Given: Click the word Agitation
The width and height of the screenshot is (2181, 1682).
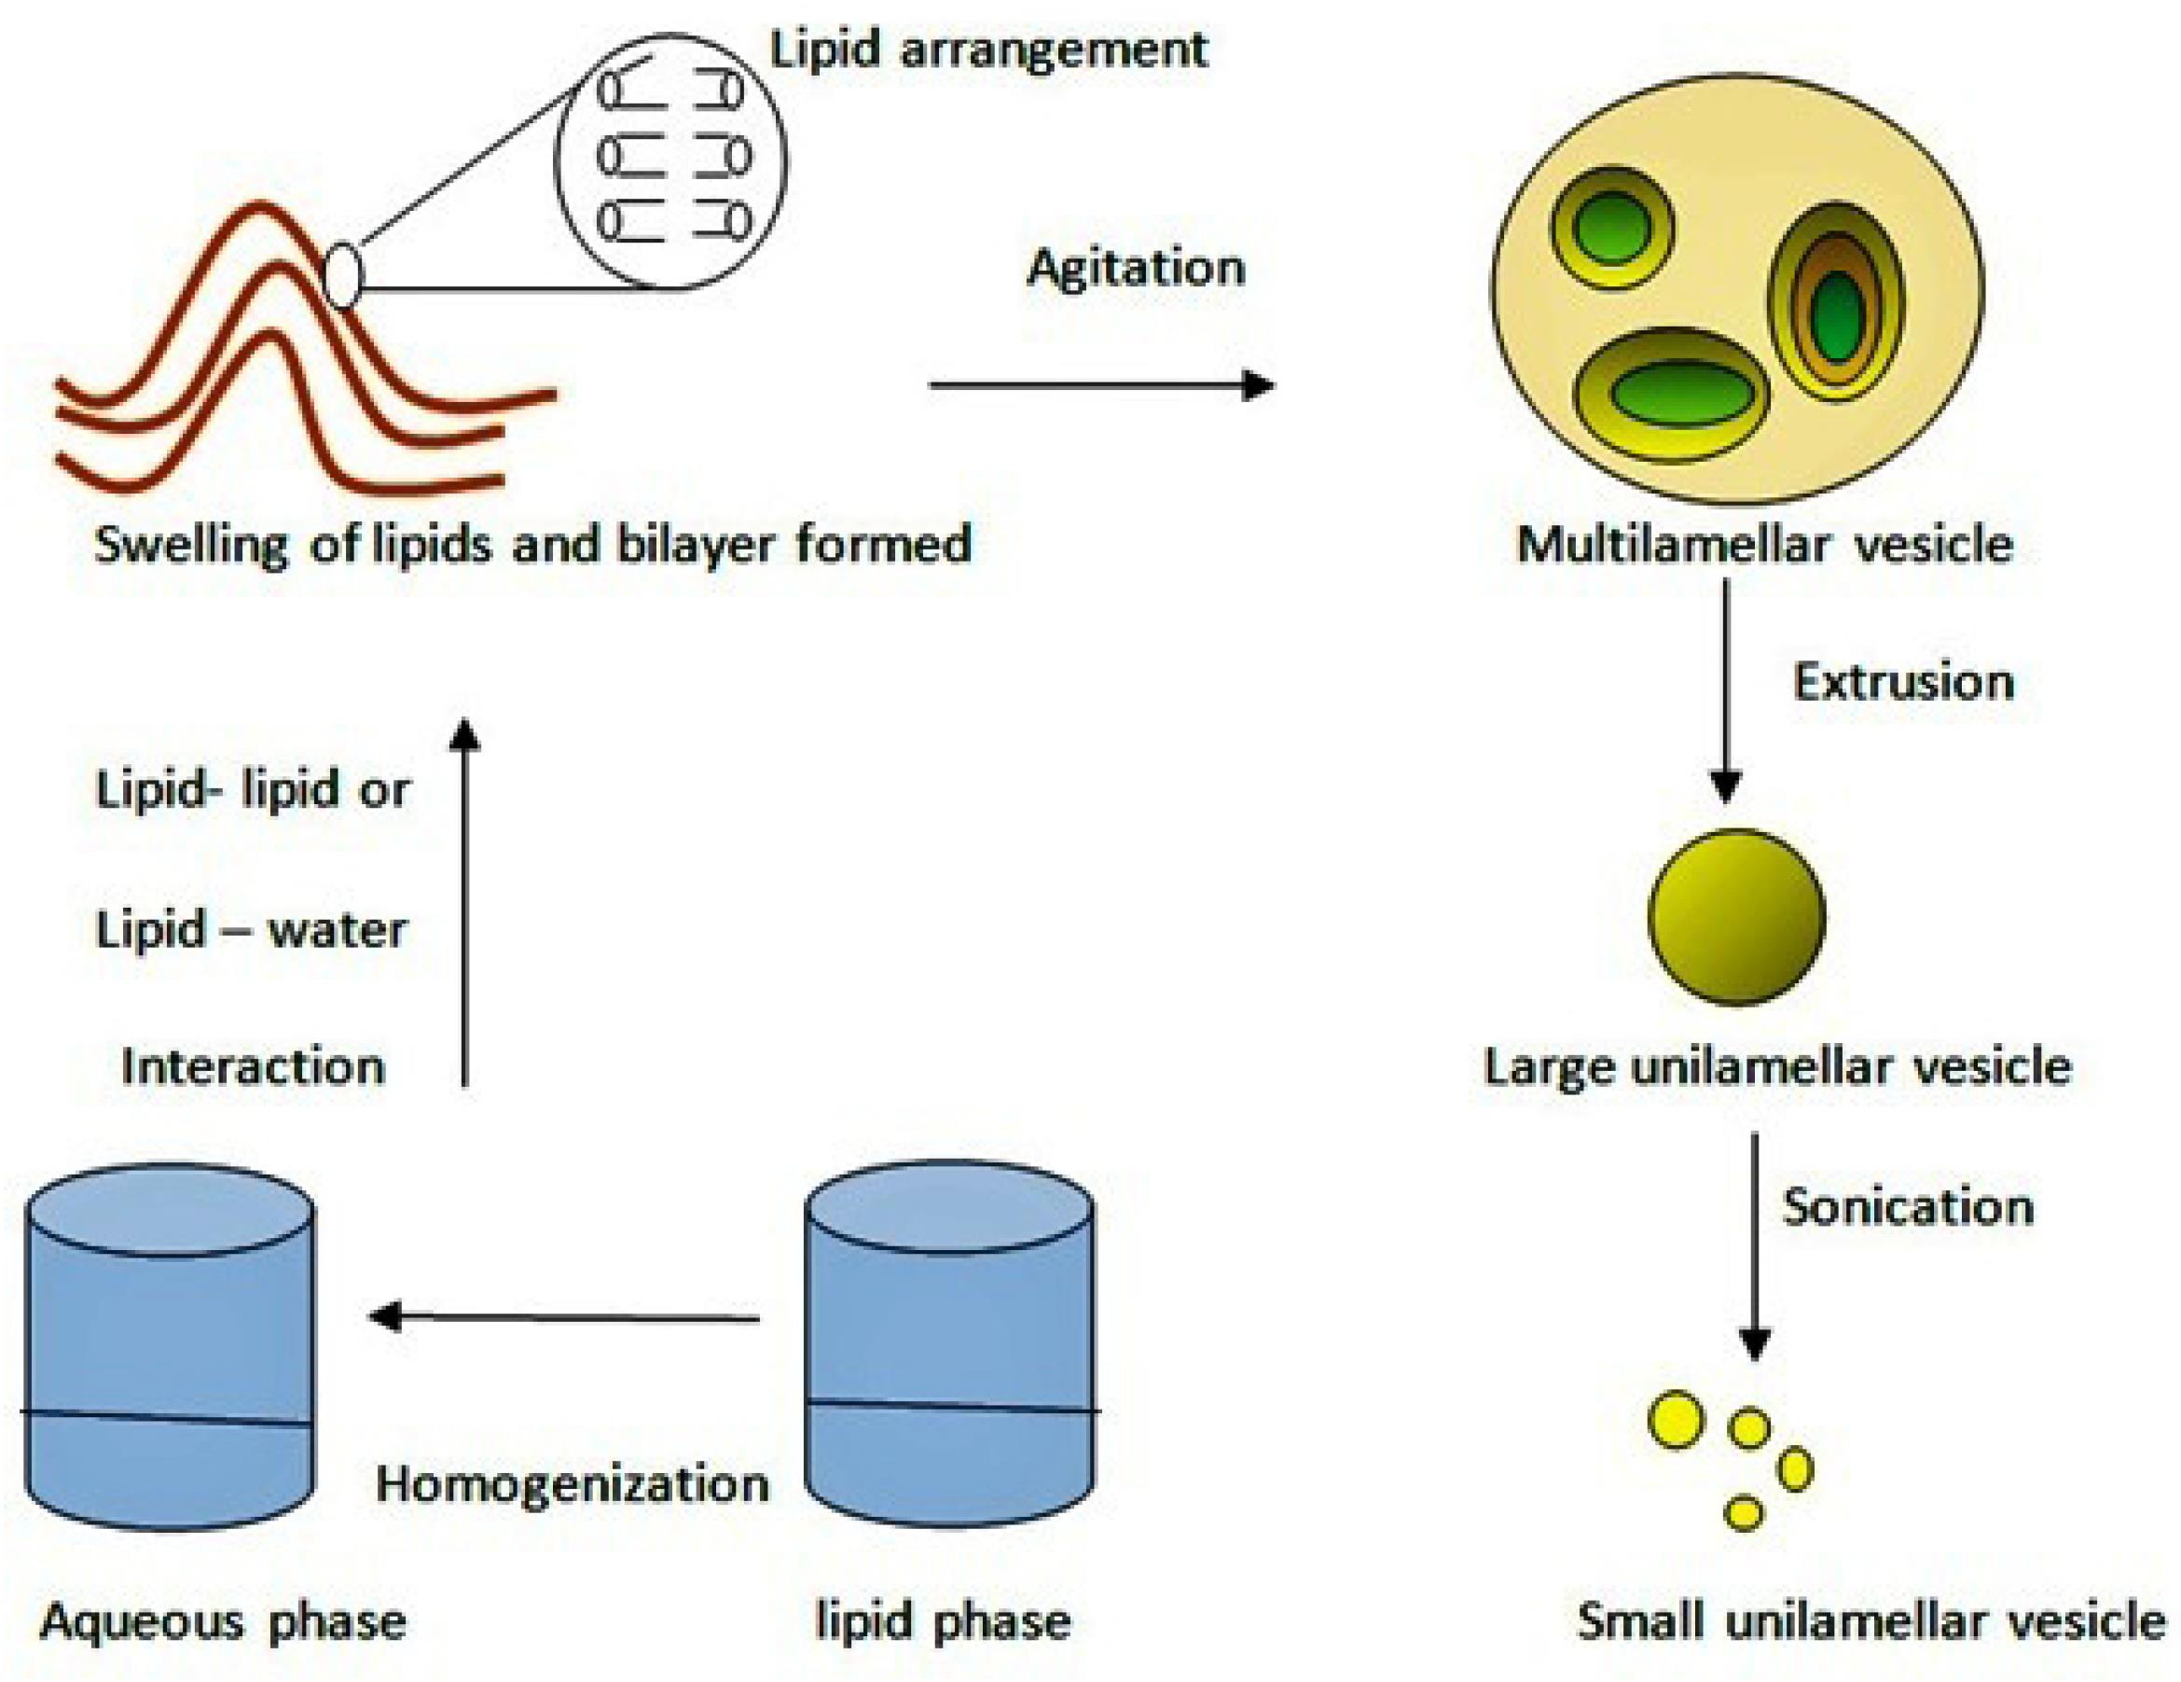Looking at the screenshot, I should point(1137,269).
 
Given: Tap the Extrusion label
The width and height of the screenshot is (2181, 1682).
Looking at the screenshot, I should point(1903,683).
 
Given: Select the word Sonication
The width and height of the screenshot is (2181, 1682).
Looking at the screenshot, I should point(1909,1206).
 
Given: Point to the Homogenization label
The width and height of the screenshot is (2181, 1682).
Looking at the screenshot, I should point(573,1485).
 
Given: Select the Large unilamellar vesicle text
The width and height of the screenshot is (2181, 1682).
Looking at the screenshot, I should point(1777,1066).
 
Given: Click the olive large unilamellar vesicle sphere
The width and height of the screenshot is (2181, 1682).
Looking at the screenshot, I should point(1736,916).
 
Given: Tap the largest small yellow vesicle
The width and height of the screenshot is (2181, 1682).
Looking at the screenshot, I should point(1676,1419).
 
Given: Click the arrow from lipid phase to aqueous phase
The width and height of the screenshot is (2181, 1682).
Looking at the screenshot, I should point(565,1316).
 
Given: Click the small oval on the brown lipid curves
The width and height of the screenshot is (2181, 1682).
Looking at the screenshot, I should point(342,276).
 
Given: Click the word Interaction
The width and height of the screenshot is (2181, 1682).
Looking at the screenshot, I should point(253,1066).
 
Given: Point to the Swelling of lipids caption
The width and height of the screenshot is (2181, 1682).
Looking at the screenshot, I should point(532,546).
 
